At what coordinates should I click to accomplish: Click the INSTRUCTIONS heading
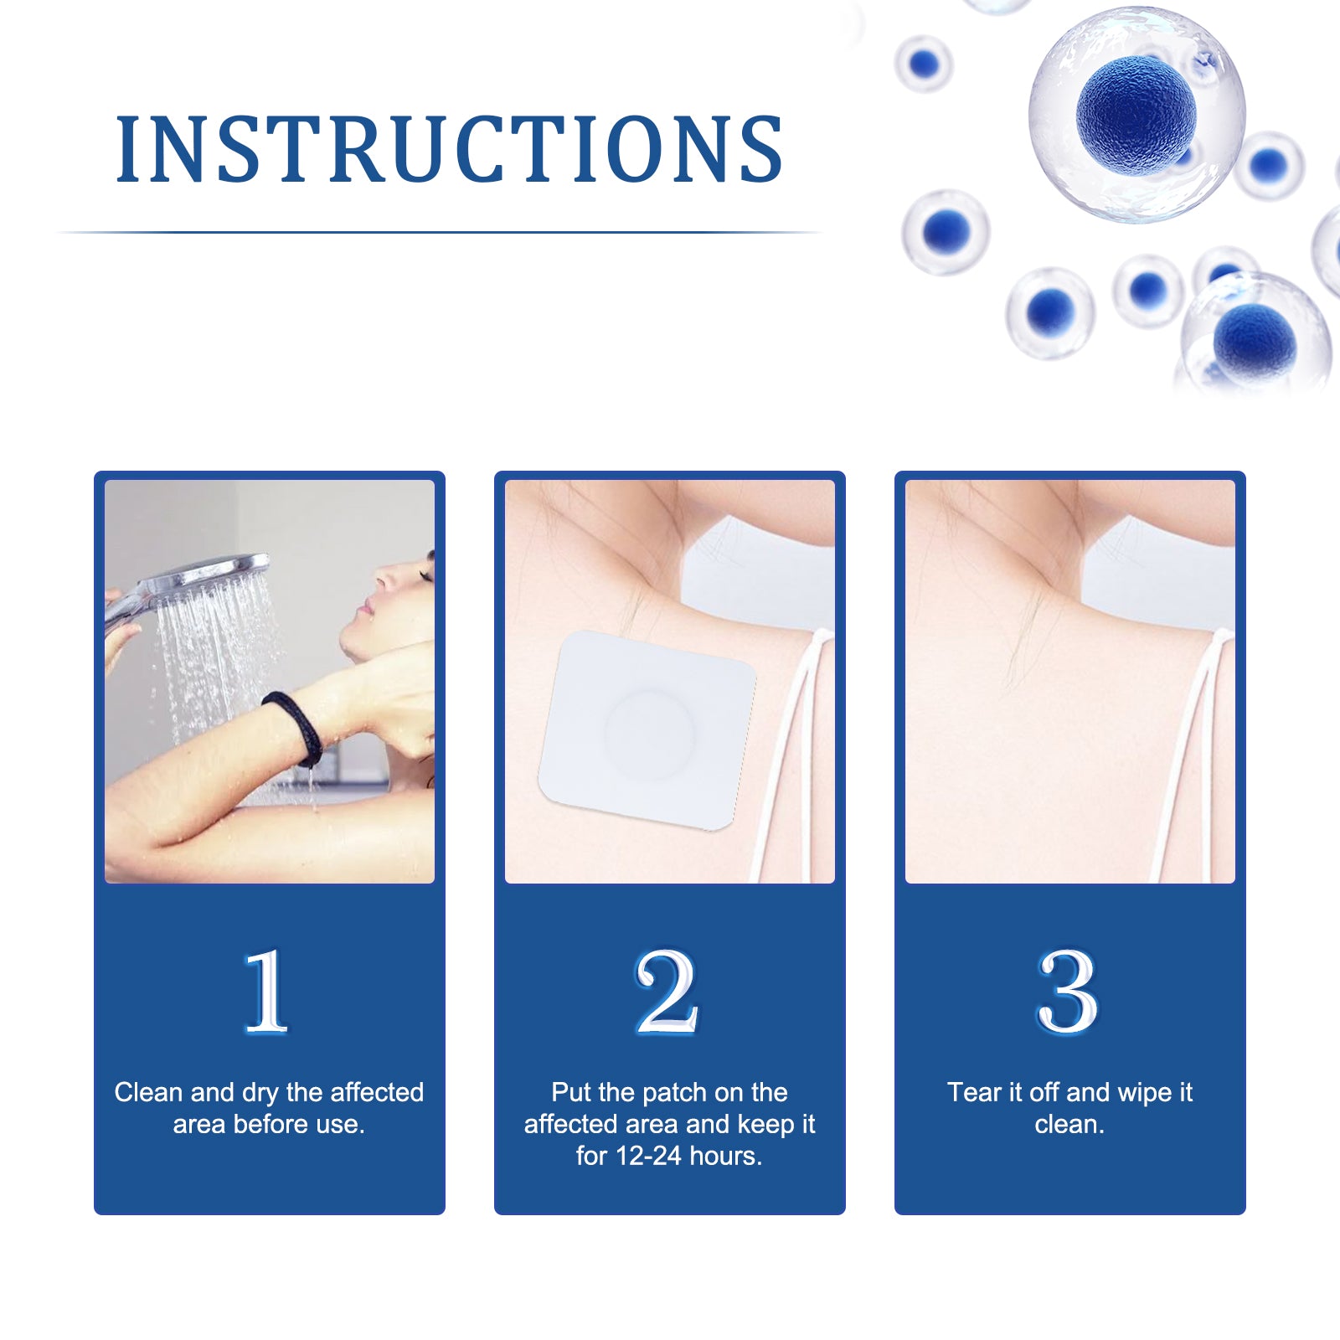point(449,149)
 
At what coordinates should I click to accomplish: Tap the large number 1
point(266,992)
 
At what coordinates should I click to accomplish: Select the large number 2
point(667,992)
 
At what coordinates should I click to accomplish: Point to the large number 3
point(1067,992)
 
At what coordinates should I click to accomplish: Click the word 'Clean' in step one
point(148,1092)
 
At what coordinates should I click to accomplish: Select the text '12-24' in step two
point(648,1156)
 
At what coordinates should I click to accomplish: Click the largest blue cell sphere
point(1136,113)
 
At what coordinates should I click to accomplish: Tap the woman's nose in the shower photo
point(380,578)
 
